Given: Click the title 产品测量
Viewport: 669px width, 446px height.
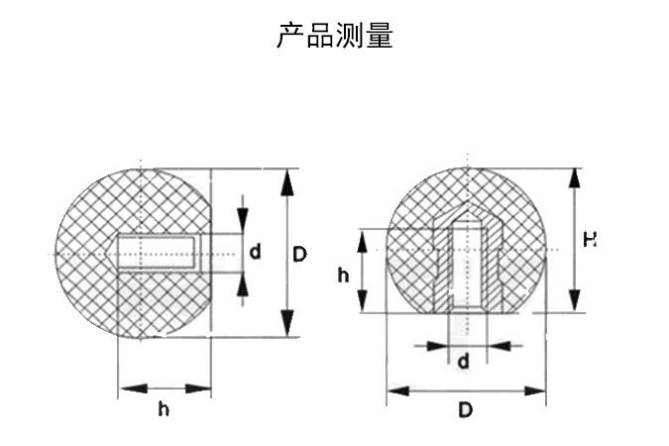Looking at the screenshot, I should [334, 37].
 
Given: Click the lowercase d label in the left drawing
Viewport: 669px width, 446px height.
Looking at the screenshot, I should [256, 252].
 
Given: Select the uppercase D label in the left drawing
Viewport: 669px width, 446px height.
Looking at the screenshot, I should [299, 254].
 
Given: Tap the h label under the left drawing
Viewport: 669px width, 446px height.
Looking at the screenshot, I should [164, 409].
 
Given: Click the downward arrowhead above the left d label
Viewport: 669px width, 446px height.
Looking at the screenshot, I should [242, 220].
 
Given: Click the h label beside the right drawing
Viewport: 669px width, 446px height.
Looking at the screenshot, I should [343, 275].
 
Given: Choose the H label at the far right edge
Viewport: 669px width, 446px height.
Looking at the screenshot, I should [590, 239].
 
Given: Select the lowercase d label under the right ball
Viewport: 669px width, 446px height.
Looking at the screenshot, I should [464, 362].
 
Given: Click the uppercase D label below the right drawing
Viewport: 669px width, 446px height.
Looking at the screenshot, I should [466, 409].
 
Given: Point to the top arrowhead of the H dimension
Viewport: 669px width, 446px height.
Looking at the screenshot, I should [573, 179].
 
